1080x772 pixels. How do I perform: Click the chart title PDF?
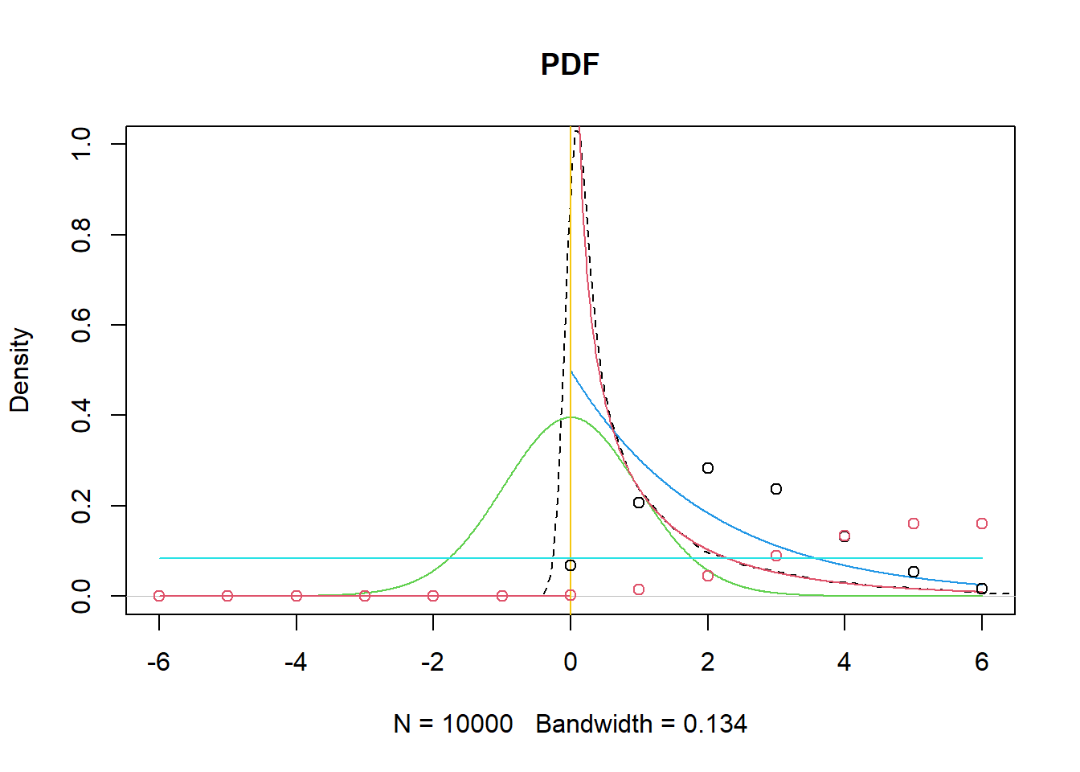tap(570, 64)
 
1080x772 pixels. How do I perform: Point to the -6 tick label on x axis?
tap(158, 662)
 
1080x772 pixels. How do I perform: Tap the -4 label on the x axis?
tap(296, 662)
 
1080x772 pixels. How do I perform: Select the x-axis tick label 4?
tap(844, 662)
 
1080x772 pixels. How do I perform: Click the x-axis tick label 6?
tap(981, 662)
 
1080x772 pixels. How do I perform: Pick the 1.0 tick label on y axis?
tap(81, 144)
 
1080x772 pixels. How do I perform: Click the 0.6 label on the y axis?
tap(81, 325)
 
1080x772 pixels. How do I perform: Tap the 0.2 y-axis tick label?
tap(81, 506)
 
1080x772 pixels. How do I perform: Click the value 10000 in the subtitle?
tap(477, 724)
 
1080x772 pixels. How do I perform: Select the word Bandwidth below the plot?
tap(594, 724)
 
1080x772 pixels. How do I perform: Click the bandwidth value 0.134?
tap(715, 724)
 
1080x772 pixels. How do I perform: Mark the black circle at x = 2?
tap(708, 468)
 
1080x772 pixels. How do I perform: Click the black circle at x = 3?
tap(776, 489)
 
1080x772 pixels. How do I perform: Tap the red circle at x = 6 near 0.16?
tap(982, 524)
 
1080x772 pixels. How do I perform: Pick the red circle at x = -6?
tap(159, 596)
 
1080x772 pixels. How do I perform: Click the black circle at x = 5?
tap(914, 572)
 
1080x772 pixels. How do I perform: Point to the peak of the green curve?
tap(571, 417)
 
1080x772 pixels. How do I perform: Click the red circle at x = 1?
tap(639, 589)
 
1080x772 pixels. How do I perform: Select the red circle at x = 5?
tap(914, 524)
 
